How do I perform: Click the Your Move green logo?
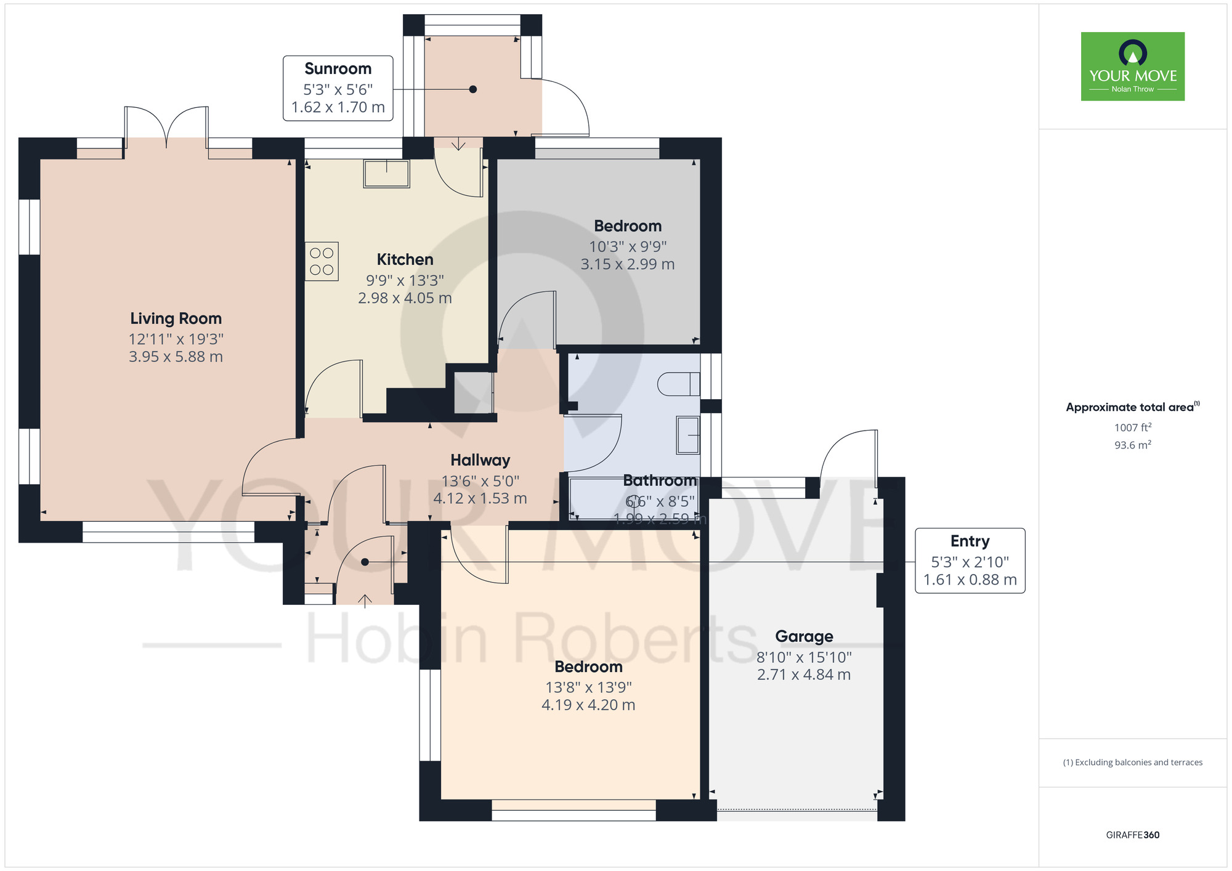pos(1132,67)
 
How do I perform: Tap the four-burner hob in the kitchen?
pos(322,261)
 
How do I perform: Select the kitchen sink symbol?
pos(386,174)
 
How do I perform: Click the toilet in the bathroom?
pos(678,384)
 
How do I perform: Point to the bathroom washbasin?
pos(688,435)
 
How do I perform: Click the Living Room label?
pos(176,318)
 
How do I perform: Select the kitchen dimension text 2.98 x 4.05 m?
pos(405,298)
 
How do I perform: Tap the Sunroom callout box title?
pos(338,68)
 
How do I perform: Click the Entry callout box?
pos(970,561)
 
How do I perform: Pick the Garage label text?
pos(804,636)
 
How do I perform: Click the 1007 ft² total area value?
pos(1132,427)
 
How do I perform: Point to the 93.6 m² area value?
pos(1132,445)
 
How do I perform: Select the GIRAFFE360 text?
pos(1132,835)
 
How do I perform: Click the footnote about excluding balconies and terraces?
pos(1132,763)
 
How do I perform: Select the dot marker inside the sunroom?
pos(473,89)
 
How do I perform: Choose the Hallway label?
pos(480,460)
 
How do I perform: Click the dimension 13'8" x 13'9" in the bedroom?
pos(588,687)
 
